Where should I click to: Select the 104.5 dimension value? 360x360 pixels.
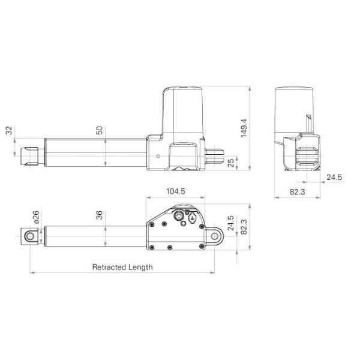tap(175, 191)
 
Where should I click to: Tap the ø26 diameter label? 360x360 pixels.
tap(37, 217)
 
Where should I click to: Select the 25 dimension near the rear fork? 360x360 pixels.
tap(232, 163)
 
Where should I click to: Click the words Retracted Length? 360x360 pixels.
tap(122, 267)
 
